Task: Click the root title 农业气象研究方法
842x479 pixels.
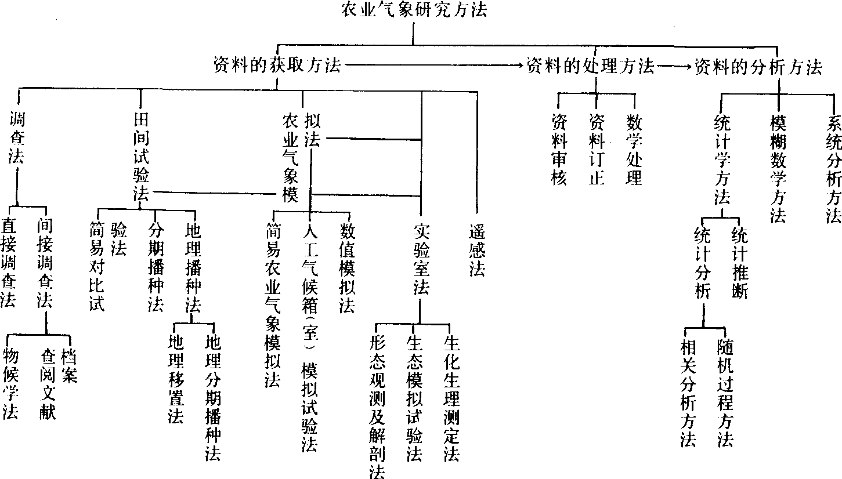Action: [414, 11]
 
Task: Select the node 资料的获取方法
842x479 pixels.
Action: [277, 66]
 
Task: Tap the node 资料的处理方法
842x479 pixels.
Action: [590, 66]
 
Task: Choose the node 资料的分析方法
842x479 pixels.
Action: [758, 67]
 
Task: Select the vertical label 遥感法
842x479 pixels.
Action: [477, 249]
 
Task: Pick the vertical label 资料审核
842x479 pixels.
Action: [559, 149]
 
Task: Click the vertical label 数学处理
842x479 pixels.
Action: [634, 149]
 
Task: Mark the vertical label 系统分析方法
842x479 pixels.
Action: [834, 168]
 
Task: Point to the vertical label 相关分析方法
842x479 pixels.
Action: [688, 393]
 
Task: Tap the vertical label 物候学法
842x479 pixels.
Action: [10, 383]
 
